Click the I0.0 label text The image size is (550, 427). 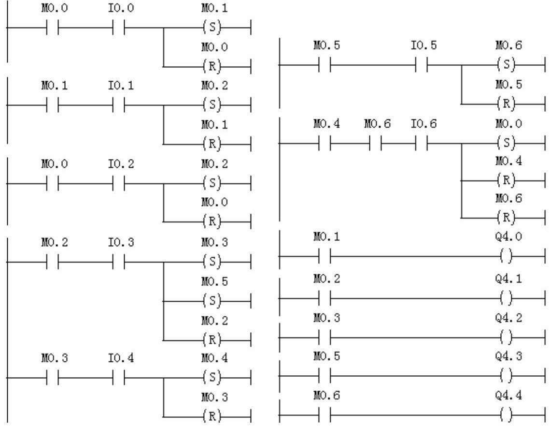click(119, 9)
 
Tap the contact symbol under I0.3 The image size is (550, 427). click(119, 263)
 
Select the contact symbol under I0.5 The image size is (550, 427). click(422, 65)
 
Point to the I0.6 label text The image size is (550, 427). click(423, 125)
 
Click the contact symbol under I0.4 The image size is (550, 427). click(119, 377)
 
